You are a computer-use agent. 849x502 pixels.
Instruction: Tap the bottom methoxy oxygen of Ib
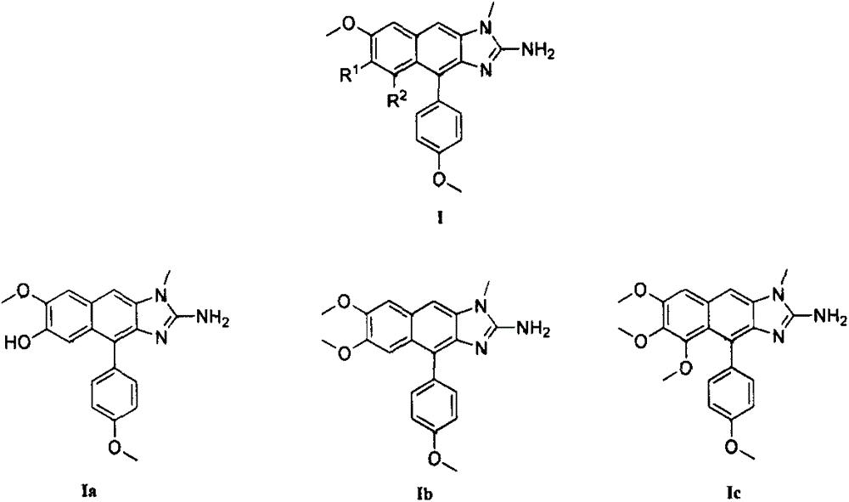tap(436, 457)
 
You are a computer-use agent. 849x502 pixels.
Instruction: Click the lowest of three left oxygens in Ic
tap(683, 369)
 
